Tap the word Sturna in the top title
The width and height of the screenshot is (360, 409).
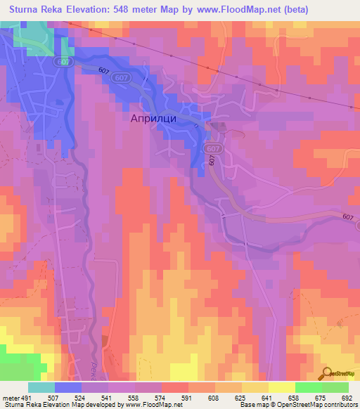[27, 9]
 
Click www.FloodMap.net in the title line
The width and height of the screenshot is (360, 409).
[235, 9]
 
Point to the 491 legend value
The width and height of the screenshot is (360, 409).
[26, 397]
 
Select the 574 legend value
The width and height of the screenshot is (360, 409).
[160, 397]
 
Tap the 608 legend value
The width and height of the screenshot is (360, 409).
[212, 397]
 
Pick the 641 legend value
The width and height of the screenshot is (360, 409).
[266, 397]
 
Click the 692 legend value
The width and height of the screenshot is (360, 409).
[347, 397]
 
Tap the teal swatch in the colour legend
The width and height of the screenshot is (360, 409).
[41, 387]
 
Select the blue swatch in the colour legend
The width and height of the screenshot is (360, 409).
[68, 387]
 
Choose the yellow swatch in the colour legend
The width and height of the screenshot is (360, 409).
[281, 387]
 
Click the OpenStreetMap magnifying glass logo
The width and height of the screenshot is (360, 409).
[327, 372]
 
